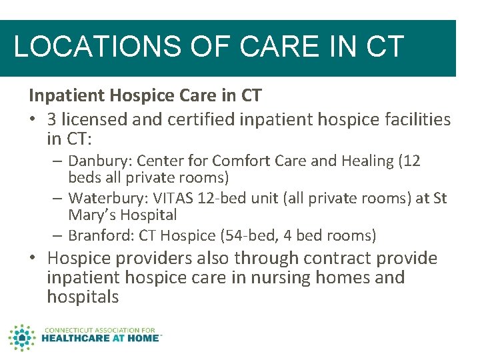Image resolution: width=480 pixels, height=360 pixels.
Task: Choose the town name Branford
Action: (96, 235)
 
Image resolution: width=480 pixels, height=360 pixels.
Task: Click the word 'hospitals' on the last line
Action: (83, 297)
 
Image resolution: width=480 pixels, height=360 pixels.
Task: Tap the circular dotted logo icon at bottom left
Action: (23, 338)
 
